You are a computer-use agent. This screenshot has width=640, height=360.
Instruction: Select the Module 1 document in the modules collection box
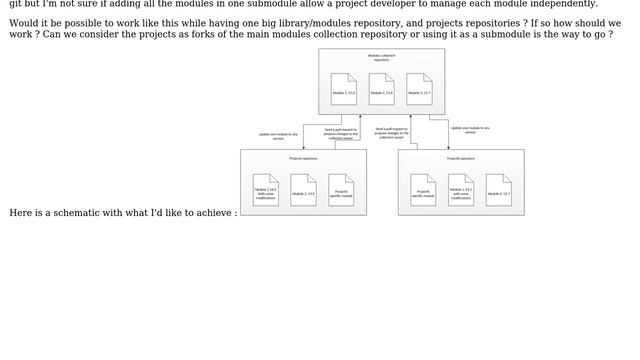343,89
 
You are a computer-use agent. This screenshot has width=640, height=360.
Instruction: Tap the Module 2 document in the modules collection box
381,89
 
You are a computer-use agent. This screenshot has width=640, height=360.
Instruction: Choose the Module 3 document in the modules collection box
419,89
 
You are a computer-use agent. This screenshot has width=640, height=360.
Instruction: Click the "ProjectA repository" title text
303,158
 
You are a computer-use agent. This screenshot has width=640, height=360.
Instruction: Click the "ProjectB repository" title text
461,158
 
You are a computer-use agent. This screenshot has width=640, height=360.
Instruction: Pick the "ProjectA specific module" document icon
341,190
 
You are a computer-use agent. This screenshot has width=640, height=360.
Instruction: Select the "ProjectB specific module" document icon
423,190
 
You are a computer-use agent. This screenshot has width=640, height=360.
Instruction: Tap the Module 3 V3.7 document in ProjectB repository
498,190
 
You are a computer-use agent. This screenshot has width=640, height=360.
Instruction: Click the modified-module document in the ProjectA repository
265,190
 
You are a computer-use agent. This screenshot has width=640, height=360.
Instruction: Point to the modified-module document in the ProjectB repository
461,190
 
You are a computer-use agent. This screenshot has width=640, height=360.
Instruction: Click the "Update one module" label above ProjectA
278,136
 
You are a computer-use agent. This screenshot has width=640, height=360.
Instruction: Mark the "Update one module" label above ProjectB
469,130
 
